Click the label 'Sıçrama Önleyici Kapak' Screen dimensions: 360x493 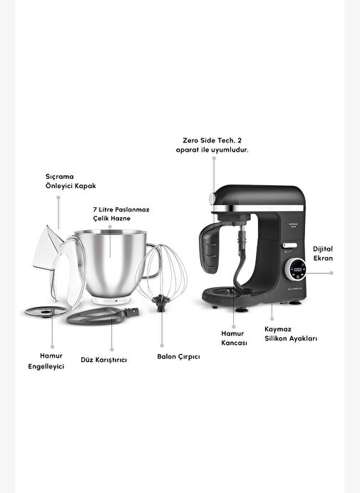click(71, 181)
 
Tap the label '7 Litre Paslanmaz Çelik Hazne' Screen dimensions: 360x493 click(121, 214)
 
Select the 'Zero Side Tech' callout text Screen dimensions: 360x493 click(212, 145)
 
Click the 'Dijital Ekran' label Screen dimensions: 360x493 click(323, 254)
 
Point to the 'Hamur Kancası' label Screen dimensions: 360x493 click(234, 338)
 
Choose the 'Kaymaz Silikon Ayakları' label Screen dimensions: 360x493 click(291, 333)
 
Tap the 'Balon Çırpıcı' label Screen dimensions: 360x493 click(178, 356)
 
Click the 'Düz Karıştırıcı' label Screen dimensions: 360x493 click(104, 360)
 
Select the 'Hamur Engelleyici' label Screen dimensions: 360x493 click(46, 361)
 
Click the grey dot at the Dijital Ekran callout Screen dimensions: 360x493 click(331, 273)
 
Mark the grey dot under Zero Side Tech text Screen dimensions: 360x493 click(214, 158)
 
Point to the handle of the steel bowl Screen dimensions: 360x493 click(153, 261)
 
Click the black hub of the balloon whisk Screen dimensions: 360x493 click(161, 303)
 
